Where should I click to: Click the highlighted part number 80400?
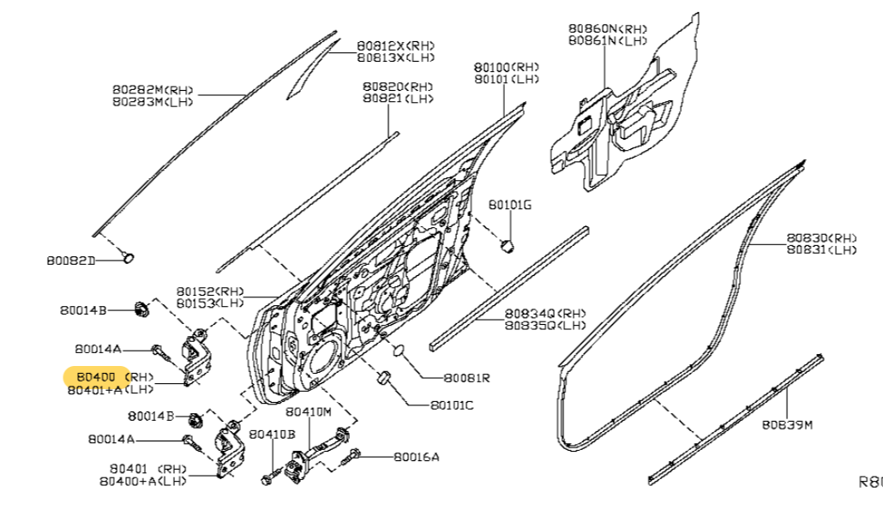(95, 376)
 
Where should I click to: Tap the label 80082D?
(71, 259)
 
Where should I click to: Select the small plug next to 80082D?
(129, 255)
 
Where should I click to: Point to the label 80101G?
(511, 205)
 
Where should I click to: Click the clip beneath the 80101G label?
(508, 245)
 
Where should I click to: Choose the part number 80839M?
(787, 423)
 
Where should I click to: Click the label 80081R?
(466, 378)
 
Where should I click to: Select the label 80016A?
(417, 457)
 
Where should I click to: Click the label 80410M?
(309, 411)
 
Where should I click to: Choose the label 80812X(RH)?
(395, 45)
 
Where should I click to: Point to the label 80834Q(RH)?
(545, 313)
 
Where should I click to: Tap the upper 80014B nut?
(141, 308)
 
